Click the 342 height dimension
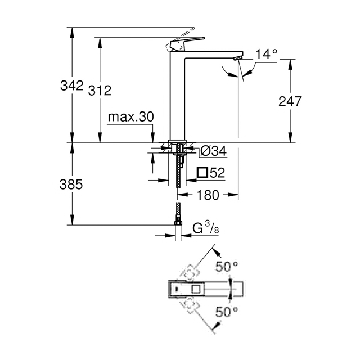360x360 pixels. (x=71, y=85)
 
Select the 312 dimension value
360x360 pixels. (x=100, y=90)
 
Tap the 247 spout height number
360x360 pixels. (x=290, y=101)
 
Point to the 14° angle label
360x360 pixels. (x=266, y=54)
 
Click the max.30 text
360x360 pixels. (x=131, y=117)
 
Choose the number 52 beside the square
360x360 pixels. (x=217, y=173)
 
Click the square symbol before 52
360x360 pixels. (x=202, y=173)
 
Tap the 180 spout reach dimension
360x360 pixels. (x=208, y=195)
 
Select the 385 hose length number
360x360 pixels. (x=71, y=184)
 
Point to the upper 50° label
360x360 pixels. (x=227, y=267)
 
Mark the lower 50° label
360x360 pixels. (x=227, y=312)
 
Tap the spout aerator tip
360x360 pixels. (x=237, y=58)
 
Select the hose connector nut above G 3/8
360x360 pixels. (x=178, y=223)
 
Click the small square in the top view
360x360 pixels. (x=196, y=289)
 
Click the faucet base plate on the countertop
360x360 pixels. (x=177, y=141)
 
